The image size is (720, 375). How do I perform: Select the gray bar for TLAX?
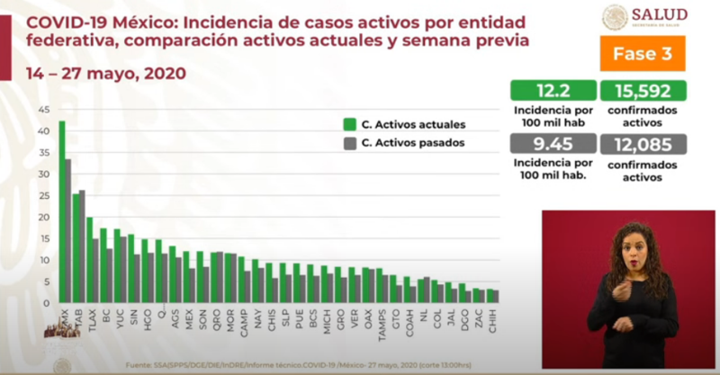[95, 270]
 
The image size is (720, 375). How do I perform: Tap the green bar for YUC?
[116, 265]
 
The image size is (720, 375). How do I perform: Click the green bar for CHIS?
[268, 281]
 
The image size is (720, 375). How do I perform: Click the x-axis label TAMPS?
[382, 318]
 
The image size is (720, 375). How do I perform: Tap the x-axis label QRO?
[217, 316]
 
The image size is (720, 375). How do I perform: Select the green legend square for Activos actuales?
[347, 125]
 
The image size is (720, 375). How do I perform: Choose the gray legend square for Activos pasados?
[347, 142]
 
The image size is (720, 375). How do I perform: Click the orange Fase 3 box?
[643, 53]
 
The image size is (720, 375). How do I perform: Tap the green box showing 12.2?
[553, 91]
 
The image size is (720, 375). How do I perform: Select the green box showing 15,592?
[642, 91]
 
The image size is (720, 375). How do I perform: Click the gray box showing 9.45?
[553, 144]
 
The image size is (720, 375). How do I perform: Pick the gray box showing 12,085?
[642, 144]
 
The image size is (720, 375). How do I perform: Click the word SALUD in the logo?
[658, 13]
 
